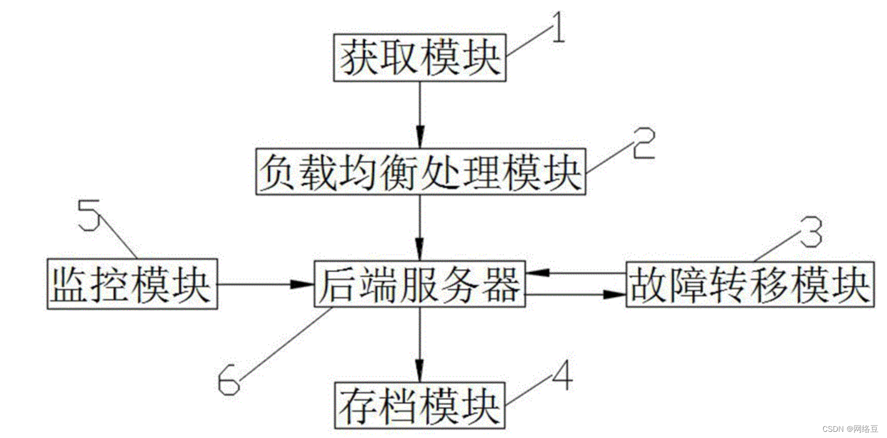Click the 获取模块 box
pos(419,58)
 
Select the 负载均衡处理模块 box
pos(420,171)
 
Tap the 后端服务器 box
pos(419,284)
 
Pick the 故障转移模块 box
pos(750,285)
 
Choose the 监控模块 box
pos(132,284)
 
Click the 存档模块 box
pos(419,406)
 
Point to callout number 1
pos(557,28)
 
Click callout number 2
pos(643,143)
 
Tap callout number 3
pos(811,232)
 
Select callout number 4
pos(562,376)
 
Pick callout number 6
pos(228,379)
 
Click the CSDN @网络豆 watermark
pos(850,429)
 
